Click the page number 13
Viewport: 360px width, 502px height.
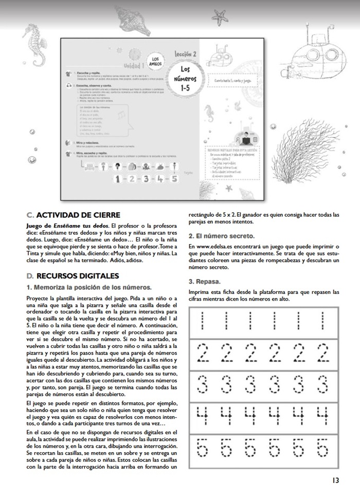[335, 481]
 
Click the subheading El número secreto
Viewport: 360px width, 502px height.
[221, 236]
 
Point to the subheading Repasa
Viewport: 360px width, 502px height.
[206, 282]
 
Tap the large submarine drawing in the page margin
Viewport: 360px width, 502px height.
[314, 51]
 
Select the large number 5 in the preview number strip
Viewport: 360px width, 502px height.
[174, 179]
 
